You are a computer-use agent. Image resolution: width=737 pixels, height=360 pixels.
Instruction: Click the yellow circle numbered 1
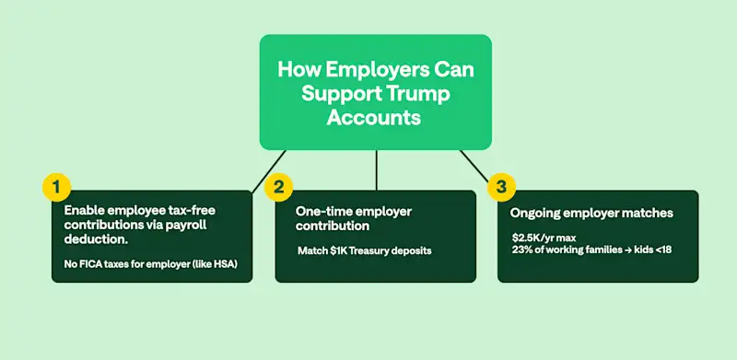tap(56, 187)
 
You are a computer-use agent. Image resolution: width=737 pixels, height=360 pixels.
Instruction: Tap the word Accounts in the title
tap(374, 119)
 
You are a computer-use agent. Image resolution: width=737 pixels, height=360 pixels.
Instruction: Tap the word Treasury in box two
tap(374, 250)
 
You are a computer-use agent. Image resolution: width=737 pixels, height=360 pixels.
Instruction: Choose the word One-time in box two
tap(322, 211)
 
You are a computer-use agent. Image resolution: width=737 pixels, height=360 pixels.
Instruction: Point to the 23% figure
tap(522, 250)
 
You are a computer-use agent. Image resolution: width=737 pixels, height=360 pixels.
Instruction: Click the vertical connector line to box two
tap(376, 170)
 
